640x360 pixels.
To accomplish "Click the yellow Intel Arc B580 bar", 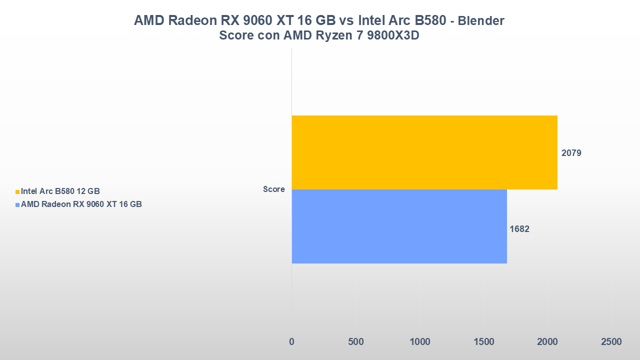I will [424, 152].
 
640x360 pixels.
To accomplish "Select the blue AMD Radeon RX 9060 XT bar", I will [399, 226].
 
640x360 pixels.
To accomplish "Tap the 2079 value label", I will [571, 153].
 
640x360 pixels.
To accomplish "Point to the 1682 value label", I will [519, 229].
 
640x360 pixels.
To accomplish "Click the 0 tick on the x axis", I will [292, 342].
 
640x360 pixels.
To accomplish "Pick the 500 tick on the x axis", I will [355, 342].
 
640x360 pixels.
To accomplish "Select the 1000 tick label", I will [419, 342].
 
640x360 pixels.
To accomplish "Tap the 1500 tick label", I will [483, 342].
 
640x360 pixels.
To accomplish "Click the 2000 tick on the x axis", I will [547, 342].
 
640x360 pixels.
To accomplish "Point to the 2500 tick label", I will [611, 342].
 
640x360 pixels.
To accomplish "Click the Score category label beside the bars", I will [274, 189].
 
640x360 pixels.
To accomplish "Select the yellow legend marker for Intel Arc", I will [17, 191].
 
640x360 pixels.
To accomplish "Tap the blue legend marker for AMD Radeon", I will [17, 204].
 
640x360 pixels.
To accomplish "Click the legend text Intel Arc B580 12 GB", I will [60, 191].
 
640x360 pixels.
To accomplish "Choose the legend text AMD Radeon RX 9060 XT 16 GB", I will [81, 204].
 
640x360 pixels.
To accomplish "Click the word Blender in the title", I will [481, 21].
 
